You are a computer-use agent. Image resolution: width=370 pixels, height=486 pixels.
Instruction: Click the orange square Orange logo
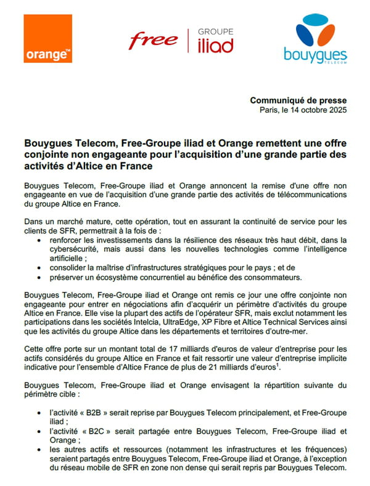point(48,39)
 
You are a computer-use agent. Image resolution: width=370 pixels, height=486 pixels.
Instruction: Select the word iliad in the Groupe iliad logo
point(215,45)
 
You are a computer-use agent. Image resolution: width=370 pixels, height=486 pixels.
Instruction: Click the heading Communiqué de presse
point(298,100)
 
